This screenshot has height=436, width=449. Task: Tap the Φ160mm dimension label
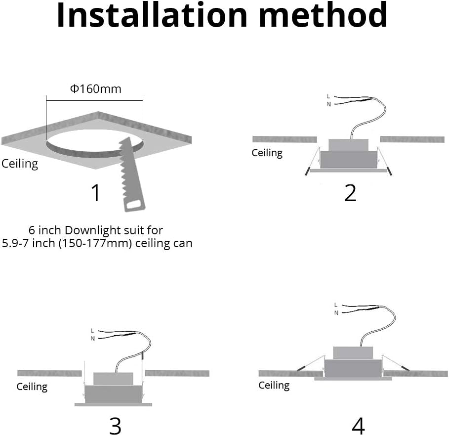pyautogui.click(x=95, y=89)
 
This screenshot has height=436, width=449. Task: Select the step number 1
pyautogui.click(x=96, y=193)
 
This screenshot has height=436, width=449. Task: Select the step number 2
pyautogui.click(x=350, y=193)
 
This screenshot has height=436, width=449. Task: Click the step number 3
pyautogui.click(x=115, y=425)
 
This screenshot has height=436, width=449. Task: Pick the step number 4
pyautogui.click(x=359, y=425)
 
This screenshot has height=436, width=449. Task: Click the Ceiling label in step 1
pyautogui.click(x=20, y=164)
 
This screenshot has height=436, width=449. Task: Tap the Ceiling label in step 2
pyautogui.click(x=267, y=153)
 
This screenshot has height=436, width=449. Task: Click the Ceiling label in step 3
pyautogui.click(x=32, y=386)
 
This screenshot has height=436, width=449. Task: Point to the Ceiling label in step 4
pyautogui.click(x=274, y=385)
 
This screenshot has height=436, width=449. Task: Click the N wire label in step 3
pyautogui.click(x=92, y=338)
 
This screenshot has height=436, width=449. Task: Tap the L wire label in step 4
pyautogui.click(x=336, y=305)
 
